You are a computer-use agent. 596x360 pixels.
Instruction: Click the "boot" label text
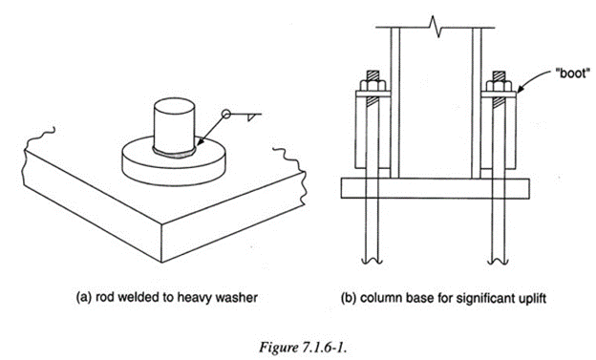pos(574,74)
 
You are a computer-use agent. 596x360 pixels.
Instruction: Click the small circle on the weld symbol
pos(226,114)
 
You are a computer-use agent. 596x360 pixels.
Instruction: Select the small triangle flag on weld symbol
pos(249,117)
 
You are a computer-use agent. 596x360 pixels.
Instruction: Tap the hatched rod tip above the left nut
pos(372,75)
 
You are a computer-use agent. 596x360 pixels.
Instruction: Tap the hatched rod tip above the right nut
pos(499,75)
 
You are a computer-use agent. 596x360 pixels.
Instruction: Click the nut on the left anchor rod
pos(372,86)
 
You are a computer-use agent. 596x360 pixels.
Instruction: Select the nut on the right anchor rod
pos(499,86)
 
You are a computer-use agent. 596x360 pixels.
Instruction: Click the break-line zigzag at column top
pos(436,27)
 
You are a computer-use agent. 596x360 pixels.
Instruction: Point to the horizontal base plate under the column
pos(435,188)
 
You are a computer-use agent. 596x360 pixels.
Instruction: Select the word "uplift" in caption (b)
pos(533,298)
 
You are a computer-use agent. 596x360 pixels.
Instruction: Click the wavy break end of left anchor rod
pos(372,261)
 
